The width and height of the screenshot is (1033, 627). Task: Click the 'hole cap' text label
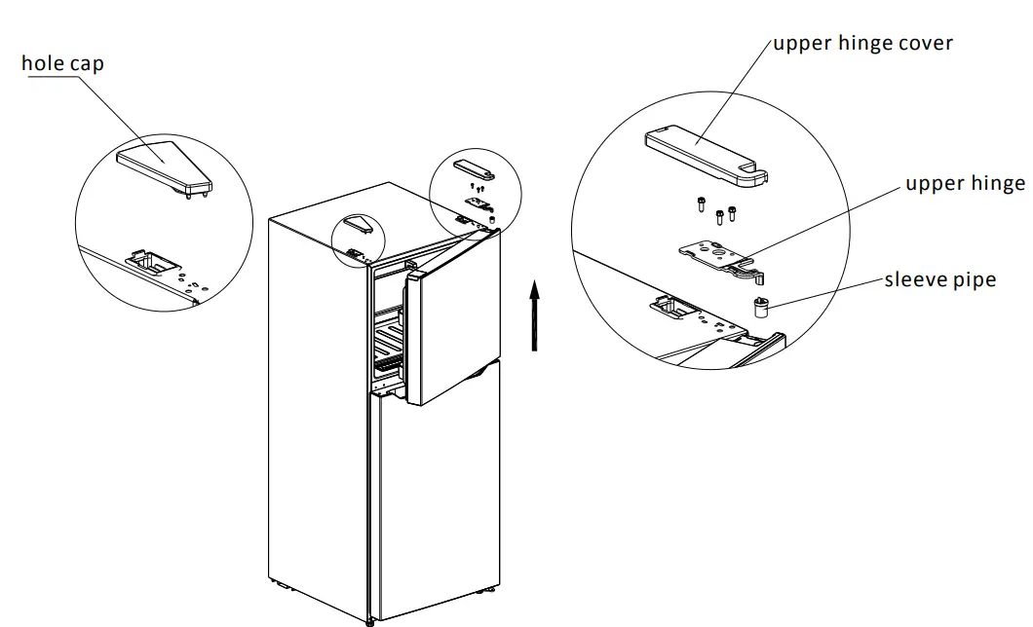click(62, 64)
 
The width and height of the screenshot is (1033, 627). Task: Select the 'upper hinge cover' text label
click(862, 43)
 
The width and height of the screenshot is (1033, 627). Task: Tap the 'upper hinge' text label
click(965, 184)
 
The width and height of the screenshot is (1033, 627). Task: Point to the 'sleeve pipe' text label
click(939, 280)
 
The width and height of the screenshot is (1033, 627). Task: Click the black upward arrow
click(534, 314)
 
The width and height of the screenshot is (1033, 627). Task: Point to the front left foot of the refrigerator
click(369, 619)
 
